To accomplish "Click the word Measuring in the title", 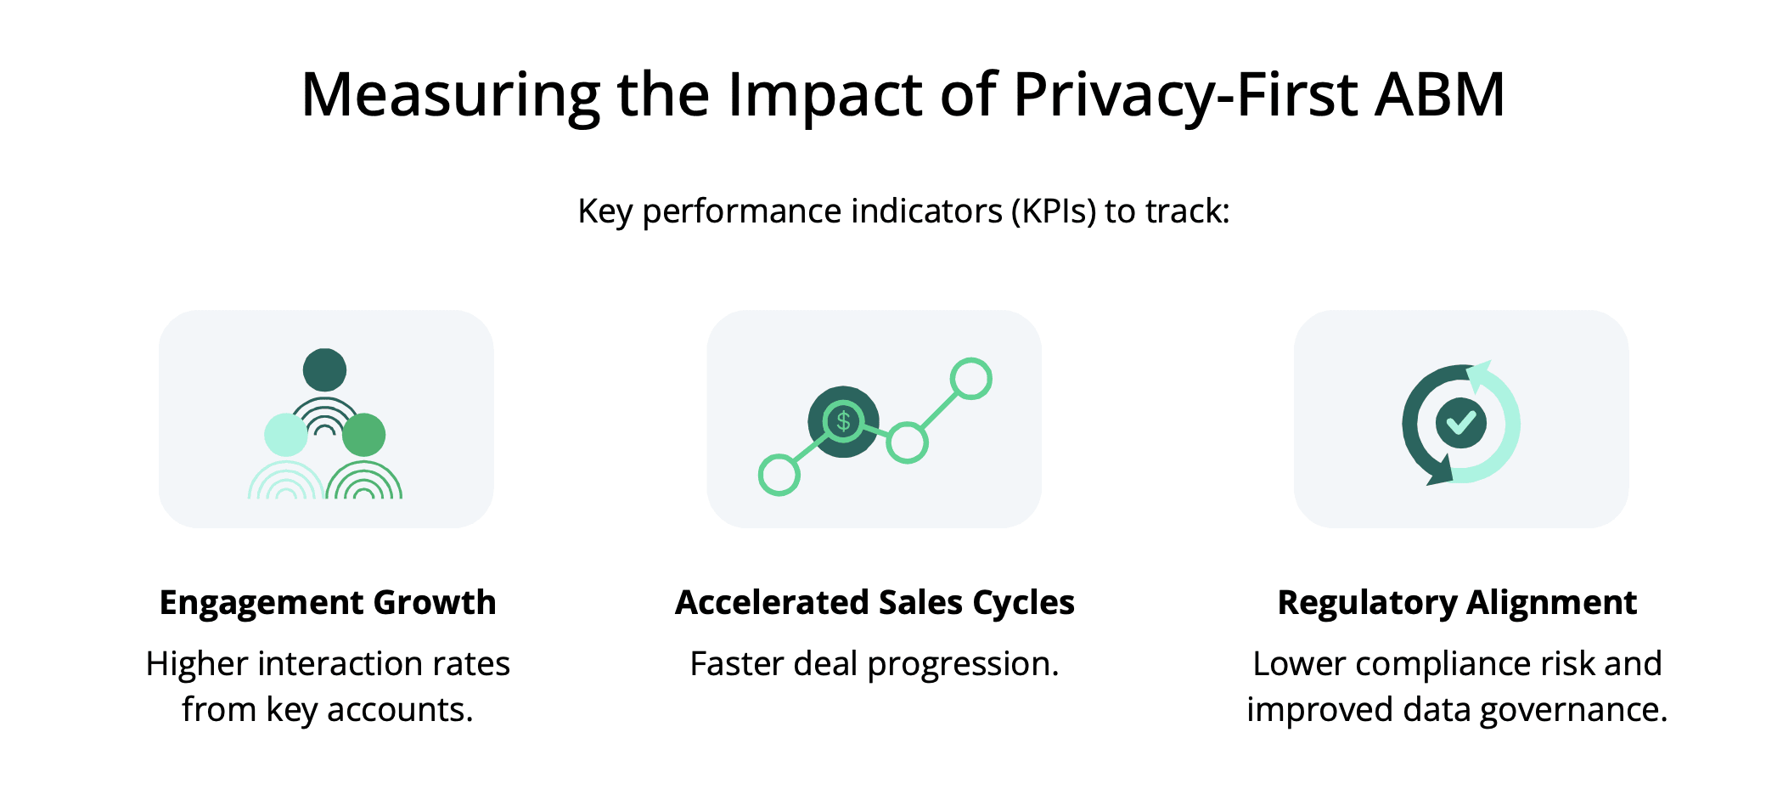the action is click(x=451, y=95).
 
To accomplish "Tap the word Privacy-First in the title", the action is click(x=1185, y=95).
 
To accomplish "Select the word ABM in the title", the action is click(x=1441, y=93).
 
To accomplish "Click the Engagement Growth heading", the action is click(x=328, y=602).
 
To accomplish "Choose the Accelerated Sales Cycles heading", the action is click(x=875, y=602).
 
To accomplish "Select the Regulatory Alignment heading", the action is click(x=1457, y=602).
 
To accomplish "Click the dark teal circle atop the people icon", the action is click(x=324, y=370).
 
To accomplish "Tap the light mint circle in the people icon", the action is click(x=286, y=435).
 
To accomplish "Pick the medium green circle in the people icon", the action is click(x=364, y=435).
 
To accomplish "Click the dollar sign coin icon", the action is click(x=843, y=421).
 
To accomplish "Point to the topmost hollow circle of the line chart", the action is click(x=971, y=379).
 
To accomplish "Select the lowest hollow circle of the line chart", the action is click(x=779, y=476).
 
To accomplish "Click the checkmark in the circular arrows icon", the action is click(x=1461, y=422).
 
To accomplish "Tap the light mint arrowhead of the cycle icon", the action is click(x=1480, y=375).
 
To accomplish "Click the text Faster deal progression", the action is click(x=875, y=664).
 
